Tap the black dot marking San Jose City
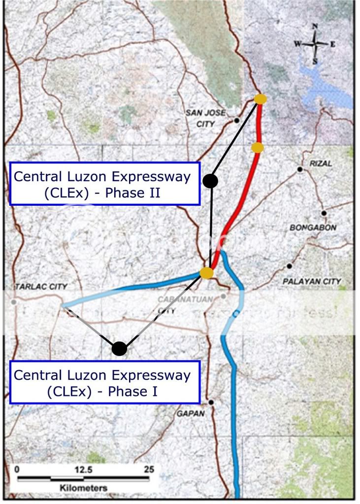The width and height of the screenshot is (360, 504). [x=237, y=120]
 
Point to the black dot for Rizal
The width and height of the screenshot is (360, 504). [x=299, y=170]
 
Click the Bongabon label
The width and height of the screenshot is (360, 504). [x=313, y=228]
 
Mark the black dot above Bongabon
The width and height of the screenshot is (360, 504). [x=324, y=213]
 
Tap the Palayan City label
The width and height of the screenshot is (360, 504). [x=312, y=282]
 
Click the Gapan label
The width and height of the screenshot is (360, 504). [x=191, y=414]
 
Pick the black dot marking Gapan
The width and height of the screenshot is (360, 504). [x=211, y=403]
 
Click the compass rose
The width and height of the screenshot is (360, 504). [x=315, y=43]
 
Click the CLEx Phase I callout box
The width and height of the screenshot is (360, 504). [x=102, y=382]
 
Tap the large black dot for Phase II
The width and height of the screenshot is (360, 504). [x=211, y=181]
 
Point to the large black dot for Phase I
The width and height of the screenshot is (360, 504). [x=119, y=348]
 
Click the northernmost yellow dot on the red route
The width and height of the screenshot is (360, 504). [x=261, y=99]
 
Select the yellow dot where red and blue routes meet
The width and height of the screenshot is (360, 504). [x=207, y=273]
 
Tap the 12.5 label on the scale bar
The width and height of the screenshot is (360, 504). [x=83, y=470]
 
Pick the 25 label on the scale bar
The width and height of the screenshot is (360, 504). [x=149, y=470]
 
